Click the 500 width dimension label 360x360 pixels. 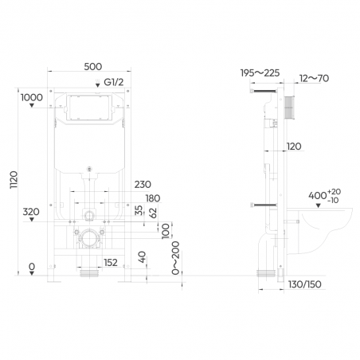point(93,67)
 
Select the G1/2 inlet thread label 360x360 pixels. point(114,82)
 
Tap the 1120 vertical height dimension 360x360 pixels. point(14,180)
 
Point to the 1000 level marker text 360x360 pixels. point(32,97)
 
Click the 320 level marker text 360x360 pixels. point(31,212)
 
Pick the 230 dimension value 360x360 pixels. point(143,185)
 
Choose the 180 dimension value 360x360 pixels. point(153,198)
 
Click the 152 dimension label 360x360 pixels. point(111,263)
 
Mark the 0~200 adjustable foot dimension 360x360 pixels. point(175,258)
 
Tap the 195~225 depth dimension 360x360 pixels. point(260,72)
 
